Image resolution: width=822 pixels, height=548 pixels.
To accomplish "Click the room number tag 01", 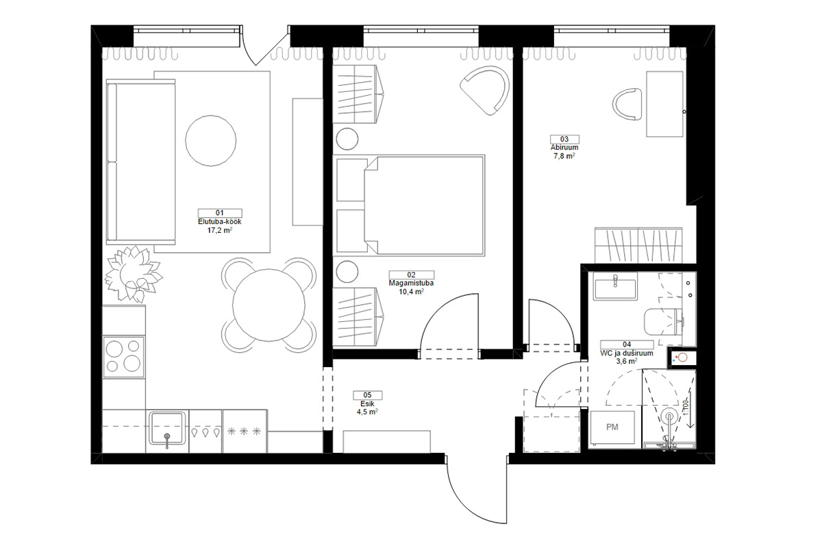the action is pyautogui.click(x=220, y=213).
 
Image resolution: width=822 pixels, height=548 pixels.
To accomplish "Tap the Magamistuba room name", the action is pyautogui.click(x=411, y=283).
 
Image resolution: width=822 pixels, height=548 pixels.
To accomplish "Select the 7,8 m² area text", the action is pyautogui.click(x=564, y=156).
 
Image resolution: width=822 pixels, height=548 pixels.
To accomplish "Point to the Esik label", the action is pyautogui.click(x=367, y=403).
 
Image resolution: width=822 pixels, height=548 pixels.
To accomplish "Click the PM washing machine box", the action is pyautogui.click(x=612, y=427).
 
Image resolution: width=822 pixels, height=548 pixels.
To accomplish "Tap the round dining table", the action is pyautogui.click(x=269, y=305).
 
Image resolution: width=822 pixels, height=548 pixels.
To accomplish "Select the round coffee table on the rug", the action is pyautogui.click(x=211, y=140).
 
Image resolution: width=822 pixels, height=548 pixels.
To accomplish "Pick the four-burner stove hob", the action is pyautogui.click(x=124, y=356).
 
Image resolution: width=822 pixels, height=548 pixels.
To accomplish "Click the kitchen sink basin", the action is pyautogui.click(x=167, y=428).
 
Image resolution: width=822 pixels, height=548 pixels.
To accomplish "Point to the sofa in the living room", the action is pyautogui.click(x=140, y=162).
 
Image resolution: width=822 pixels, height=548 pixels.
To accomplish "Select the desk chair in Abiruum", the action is pyautogui.click(x=627, y=104).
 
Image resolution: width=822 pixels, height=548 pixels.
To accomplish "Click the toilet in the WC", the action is pyautogui.click(x=663, y=322).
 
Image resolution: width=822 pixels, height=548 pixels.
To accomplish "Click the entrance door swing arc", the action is pyautogui.click(x=466, y=506).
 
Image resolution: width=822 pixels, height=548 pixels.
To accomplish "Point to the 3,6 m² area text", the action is pyautogui.click(x=626, y=361).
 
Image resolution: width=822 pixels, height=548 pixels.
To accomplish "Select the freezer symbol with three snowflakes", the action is pyautogui.click(x=244, y=431).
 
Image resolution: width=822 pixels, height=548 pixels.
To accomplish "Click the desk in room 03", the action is pyautogui.click(x=664, y=104).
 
